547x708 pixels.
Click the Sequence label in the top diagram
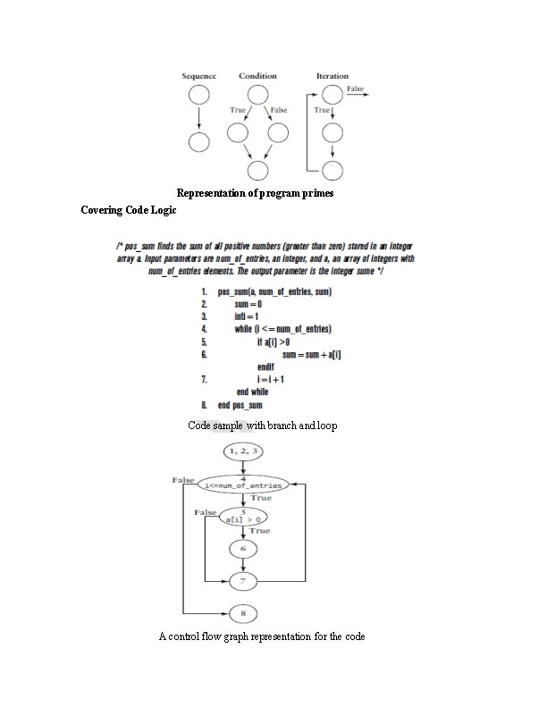coord(198,76)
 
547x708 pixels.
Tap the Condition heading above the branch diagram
coord(257,76)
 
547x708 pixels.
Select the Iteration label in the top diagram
coord(332,76)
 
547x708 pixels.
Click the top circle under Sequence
coord(198,95)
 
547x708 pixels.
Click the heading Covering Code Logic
coord(129,211)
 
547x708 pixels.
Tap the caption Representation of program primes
coord(255,193)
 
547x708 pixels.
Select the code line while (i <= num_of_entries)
coord(283,329)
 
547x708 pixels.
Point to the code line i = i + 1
coord(270,379)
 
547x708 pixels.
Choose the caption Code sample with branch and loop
coord(263,426)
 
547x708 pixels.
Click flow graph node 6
coord(243,548)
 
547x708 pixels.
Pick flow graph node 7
coord(243,581)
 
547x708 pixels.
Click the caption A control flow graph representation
coord(261,636)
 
